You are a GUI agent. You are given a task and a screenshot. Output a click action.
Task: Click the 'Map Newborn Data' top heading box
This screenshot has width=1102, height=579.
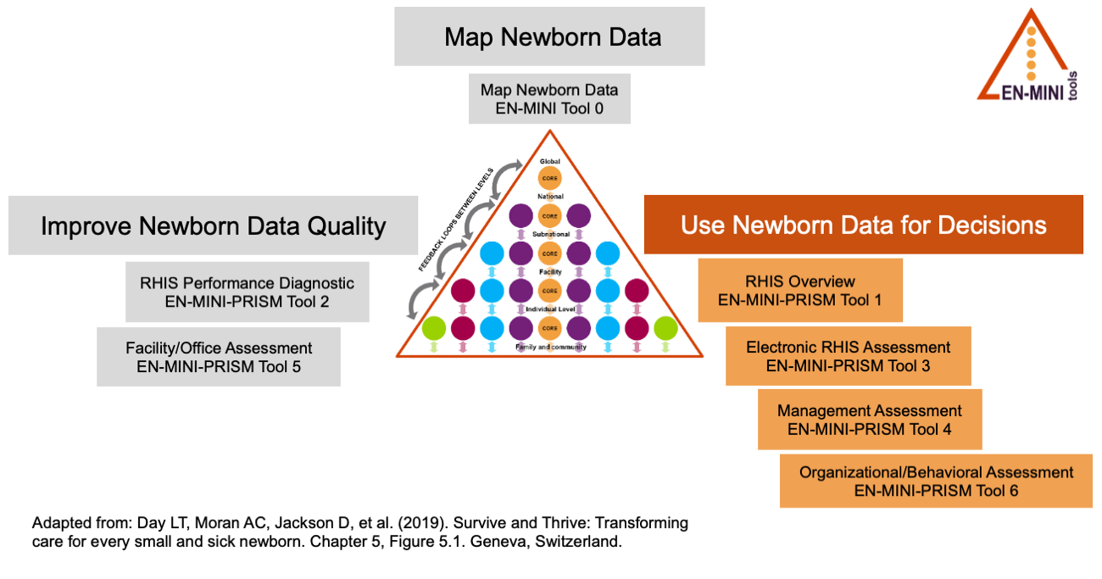(x=549, y=36)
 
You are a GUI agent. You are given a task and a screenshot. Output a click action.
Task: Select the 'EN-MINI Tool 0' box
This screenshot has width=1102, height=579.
(x=549, y=98)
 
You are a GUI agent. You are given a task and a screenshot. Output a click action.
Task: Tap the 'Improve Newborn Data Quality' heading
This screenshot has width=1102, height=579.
(x=214, y=225)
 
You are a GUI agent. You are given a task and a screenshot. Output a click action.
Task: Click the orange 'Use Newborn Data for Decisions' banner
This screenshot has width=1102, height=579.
(x=863, y=225)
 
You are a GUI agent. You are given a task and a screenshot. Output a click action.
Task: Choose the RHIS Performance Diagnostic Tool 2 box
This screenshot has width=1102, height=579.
(x=247, y=292)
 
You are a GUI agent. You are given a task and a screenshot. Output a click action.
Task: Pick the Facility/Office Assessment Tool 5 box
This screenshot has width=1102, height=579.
(x=219, y=357)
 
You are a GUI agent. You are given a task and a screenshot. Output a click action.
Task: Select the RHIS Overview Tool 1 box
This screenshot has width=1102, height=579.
(x=799, y=290)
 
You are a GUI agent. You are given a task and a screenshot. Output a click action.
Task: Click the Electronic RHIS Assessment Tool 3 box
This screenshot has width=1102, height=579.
(x=848, y=356)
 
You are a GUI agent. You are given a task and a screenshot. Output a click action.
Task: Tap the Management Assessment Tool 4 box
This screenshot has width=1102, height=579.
(x=869, y=420)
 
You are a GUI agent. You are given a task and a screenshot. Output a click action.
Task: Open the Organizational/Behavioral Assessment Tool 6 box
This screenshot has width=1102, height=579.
(x=936, y=481)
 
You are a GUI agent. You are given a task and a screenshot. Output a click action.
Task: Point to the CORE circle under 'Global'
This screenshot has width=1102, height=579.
(x=550, y=179)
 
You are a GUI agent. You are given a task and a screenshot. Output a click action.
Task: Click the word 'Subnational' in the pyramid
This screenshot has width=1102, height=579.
(x=550, y=233)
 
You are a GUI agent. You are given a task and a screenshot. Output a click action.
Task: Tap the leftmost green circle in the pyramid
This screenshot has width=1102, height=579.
(x=434, y=328)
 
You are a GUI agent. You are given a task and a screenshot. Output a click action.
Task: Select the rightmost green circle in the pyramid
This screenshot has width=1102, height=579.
(x=665, y=328)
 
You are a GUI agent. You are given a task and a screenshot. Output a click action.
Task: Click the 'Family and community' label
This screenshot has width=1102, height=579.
(x=550, y=348)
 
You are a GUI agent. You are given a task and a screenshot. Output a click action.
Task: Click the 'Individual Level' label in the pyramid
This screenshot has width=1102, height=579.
(x=550, y=309)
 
